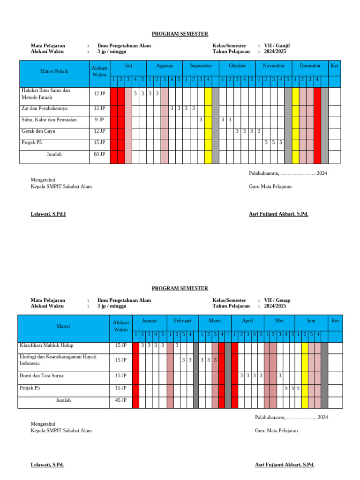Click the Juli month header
point(128,66)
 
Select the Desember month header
point(310,66)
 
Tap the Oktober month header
point(237,66)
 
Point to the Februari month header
point(182,321)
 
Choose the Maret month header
point(214,321)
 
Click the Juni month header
point(311,321)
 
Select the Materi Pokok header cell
point(55,72)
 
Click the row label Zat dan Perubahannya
point(45,108)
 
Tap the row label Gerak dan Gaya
point(38,131)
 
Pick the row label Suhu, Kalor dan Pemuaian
point(49,120)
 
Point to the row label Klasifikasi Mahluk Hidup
point(46,345)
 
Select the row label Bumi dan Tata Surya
point(41,376)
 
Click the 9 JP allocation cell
point(99,120)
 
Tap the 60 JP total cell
point(99,154)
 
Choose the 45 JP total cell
point(120,400)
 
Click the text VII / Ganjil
point(277,46)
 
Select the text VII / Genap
point(277,300)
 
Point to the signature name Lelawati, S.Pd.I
point(48,214)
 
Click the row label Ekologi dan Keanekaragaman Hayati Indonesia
point(58,360)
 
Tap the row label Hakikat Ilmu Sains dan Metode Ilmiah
point(45,94)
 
